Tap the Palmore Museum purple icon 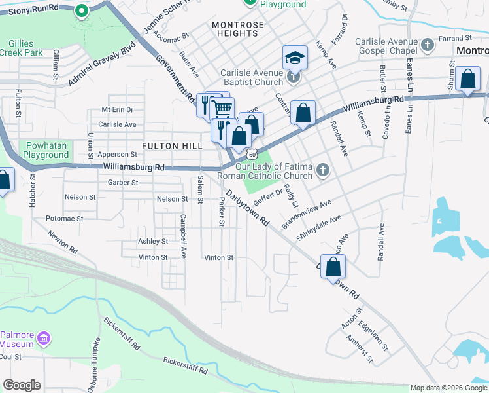(x=44, y=339)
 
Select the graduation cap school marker (x=294, y=58)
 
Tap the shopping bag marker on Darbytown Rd (x=333, y=266)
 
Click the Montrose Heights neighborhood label (x=238, y=29)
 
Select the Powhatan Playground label (x=47, y=150)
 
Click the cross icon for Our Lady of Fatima (x=322, y=171)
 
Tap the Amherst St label (x=360, y=349)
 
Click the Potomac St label (x=65, y=218)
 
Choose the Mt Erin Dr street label (x=117, y=109)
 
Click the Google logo (x=22, y=385)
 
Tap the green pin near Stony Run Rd (x=81, y=10)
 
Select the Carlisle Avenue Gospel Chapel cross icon (x=428, y=45)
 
